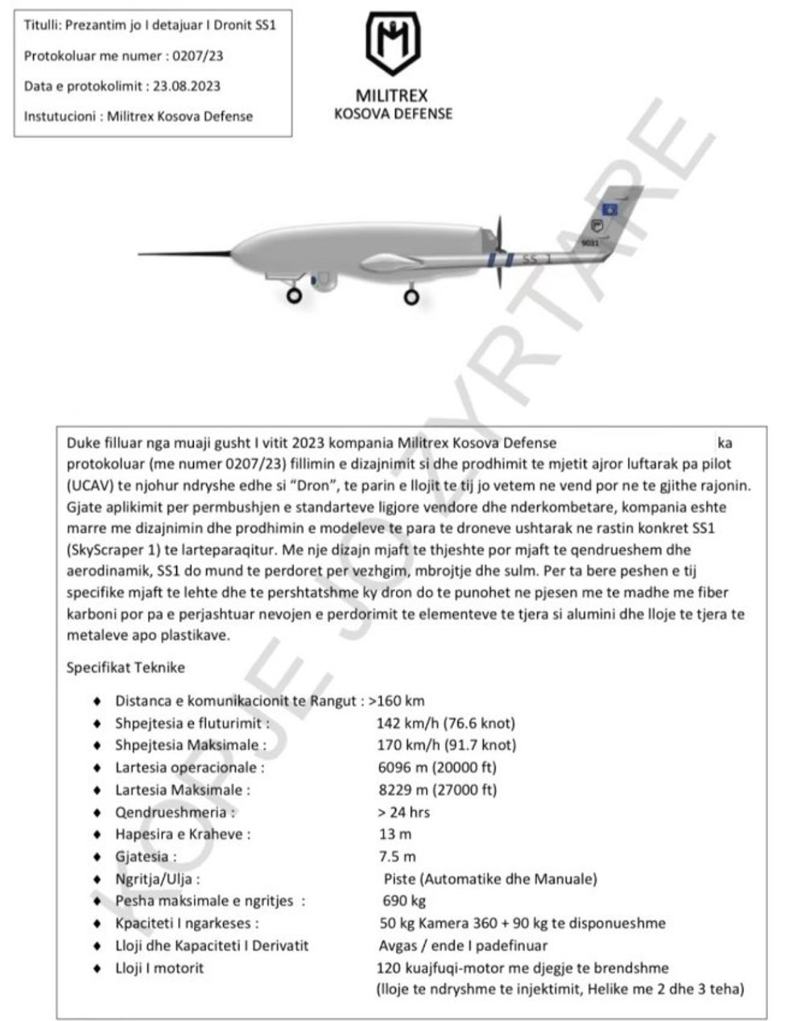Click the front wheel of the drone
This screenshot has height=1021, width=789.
(x=295, y=296)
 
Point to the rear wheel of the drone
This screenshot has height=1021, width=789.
(x=411, y=296)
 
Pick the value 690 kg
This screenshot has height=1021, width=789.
(x=404, y=901)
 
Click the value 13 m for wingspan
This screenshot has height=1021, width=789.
(x=395, y=834)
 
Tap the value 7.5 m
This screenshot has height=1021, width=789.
(x=398, y=857)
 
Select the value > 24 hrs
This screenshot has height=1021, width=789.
(x=404, y=812)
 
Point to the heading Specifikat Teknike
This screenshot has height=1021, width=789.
(x=126, y=668)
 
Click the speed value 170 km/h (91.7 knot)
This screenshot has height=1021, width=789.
(x=447, y=745)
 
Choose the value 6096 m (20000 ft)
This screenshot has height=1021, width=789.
(x=437, y=767)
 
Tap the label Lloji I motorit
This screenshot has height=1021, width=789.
(x=159, y=968)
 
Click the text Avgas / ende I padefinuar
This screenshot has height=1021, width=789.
(x=463, y=946)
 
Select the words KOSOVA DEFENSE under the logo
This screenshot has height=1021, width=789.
(x=393, y=114)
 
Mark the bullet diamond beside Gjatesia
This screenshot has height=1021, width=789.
(x=97, y=857)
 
